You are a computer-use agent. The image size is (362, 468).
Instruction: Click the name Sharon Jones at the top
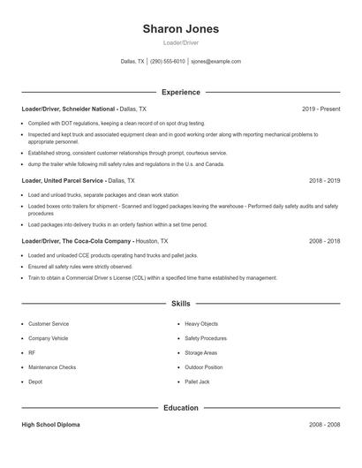pyautogui.click(x=180, y=29)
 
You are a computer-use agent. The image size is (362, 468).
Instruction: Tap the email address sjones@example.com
pyautogui.click(x=215, y=62)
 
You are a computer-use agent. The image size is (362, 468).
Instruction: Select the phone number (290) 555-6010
pyautogui.click(x=168, y=62)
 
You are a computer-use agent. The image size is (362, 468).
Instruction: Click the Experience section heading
pyautogui.click(x=180, y=92)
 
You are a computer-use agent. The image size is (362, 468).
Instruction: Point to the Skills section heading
pyautogui.click(x=180, y=304)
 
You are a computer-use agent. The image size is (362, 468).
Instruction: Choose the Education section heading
pyautogui.click(x=180, y=409)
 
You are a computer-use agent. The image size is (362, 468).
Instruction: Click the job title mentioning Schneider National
pyautogui.click(x=79, y=109)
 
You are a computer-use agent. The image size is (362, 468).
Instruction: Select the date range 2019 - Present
pyautogui.click(x=321, y=109)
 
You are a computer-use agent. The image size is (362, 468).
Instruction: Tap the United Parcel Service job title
pyautogui.click(x=79, y=180)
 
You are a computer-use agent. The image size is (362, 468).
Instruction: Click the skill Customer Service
pyautogui.click(x=49, y=324)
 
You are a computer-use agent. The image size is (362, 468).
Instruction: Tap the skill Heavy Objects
pyautogui.click(x=203, y=324)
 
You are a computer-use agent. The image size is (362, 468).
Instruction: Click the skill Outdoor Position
pyautogui.click(x=204, y=366)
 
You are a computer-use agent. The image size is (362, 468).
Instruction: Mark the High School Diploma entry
pyautogui.click(x=50, y=425)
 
